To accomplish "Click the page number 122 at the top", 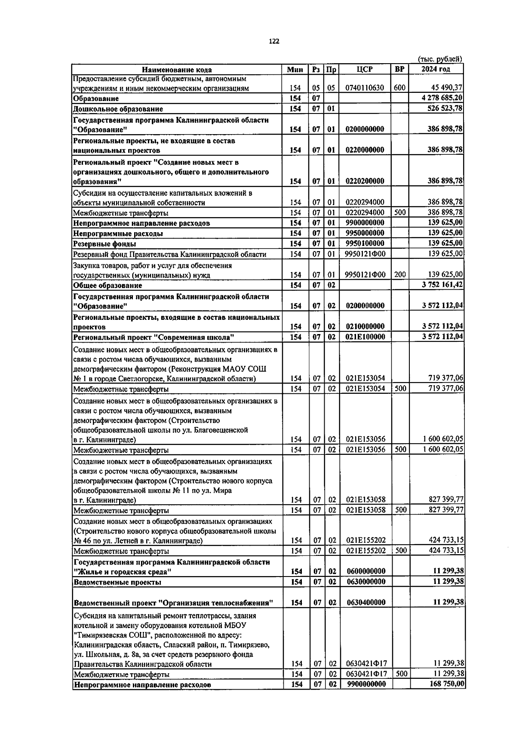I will pos(273,41).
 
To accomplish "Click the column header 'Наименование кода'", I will pos(177,70).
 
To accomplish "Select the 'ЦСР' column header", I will pos(365,69).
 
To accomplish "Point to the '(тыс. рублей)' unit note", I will pos(440,59).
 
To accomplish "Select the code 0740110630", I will pos(365,88).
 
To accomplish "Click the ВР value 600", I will pos(399,88).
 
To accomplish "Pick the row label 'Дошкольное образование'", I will pos(118,109).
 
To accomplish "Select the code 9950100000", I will pos(365,244).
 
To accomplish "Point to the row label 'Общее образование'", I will pos(107,285).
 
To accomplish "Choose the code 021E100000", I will pos(365,337).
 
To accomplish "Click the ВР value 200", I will pos(400,274).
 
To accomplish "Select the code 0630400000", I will pos(366,603).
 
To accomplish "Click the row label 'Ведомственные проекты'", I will pos(117,583).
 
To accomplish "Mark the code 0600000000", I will pos(366,571).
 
